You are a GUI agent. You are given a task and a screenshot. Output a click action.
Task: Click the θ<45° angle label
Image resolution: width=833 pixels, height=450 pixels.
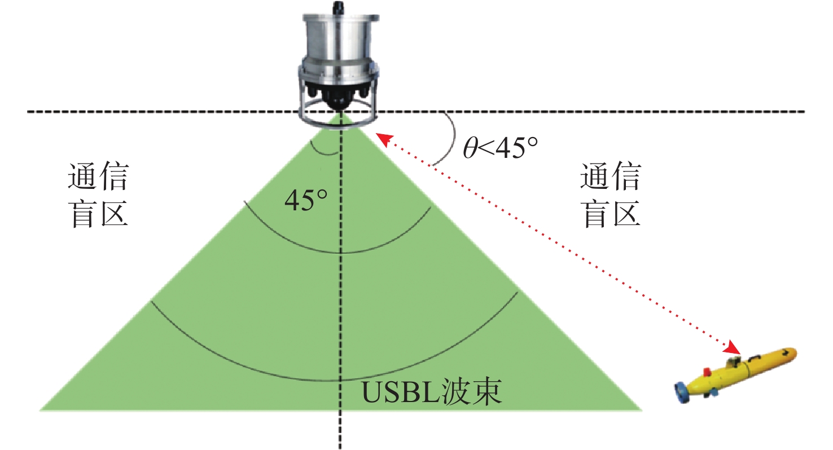(500, 148)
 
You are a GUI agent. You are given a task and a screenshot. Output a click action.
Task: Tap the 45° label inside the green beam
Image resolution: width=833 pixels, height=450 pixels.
(306, 200)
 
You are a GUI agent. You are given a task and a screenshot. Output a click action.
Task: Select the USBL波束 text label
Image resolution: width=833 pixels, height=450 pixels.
(432, 392)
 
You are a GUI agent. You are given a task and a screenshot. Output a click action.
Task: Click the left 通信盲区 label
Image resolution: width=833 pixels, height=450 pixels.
(98, 195)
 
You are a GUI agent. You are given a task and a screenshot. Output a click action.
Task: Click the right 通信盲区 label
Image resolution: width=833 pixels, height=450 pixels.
(610, 195)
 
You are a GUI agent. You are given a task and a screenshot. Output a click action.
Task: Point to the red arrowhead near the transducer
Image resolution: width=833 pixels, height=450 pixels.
(384, 140)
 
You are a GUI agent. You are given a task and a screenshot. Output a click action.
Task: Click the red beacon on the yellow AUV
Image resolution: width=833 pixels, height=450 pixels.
(707, 372)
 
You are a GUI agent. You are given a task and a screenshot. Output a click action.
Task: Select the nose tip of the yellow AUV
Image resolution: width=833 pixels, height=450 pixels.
(796, 354)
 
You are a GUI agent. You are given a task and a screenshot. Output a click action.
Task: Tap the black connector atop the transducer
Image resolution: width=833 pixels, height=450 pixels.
(339, 7)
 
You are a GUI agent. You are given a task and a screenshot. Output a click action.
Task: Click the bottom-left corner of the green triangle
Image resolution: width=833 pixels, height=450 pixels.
(40, 410)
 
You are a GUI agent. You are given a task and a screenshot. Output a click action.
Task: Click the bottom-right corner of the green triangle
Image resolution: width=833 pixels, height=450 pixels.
(642, 410)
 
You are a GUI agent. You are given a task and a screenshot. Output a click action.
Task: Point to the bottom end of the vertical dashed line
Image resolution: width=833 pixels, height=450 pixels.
(340, 448)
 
